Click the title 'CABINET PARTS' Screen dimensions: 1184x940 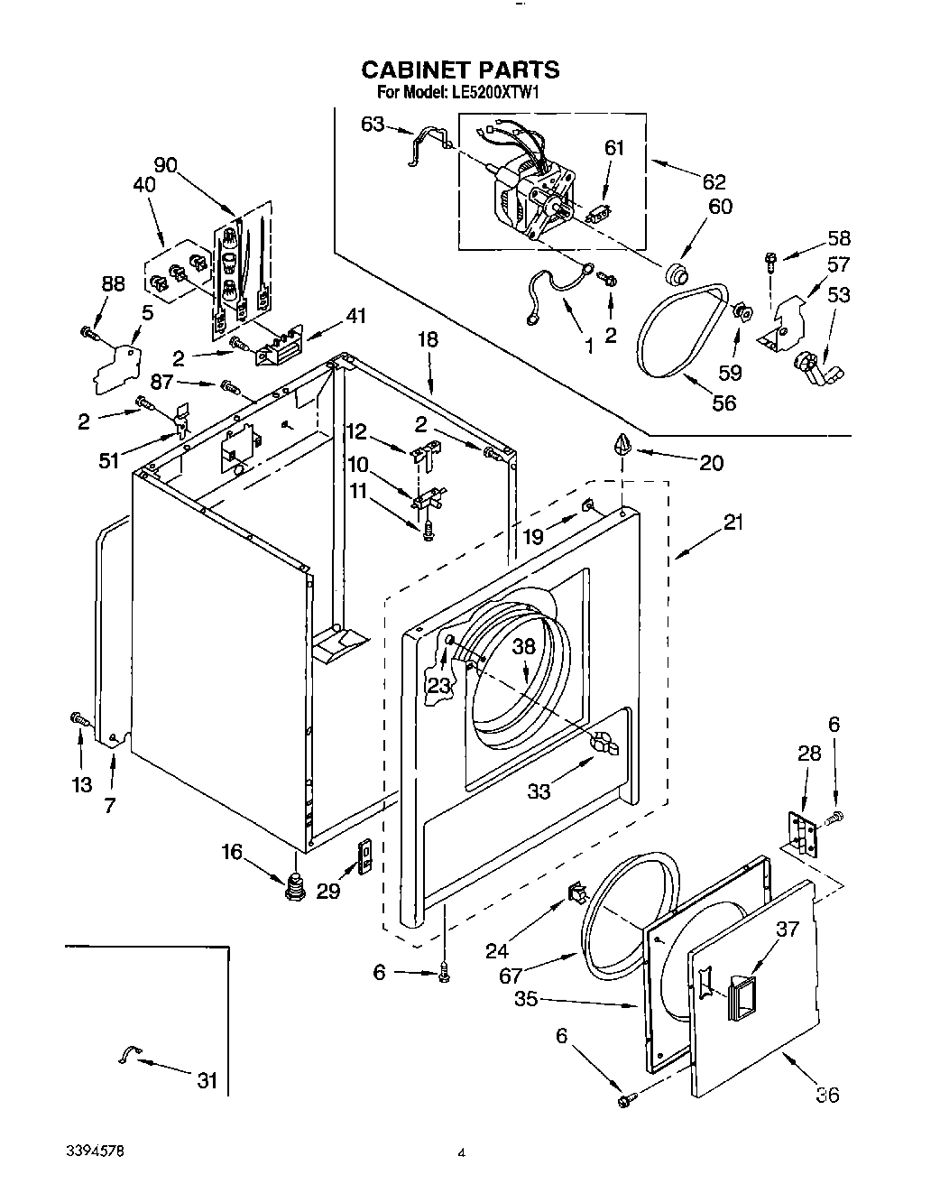pos(460,69)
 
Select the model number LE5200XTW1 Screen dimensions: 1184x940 pos(493,92)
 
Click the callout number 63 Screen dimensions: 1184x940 pos(373,125)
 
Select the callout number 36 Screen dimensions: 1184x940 pos(826,1095)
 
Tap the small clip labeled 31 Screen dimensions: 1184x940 pos(129,1054)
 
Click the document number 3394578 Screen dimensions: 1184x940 pos(95,1152)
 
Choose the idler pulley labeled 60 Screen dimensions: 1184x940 pos(674,273)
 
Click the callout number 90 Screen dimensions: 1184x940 pos(165,165)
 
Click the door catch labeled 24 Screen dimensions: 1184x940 pos(575,893)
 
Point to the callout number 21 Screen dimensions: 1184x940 pos(733,523)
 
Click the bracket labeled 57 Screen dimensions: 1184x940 pos(781,324)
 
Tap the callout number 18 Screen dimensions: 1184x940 pos(427,339)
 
